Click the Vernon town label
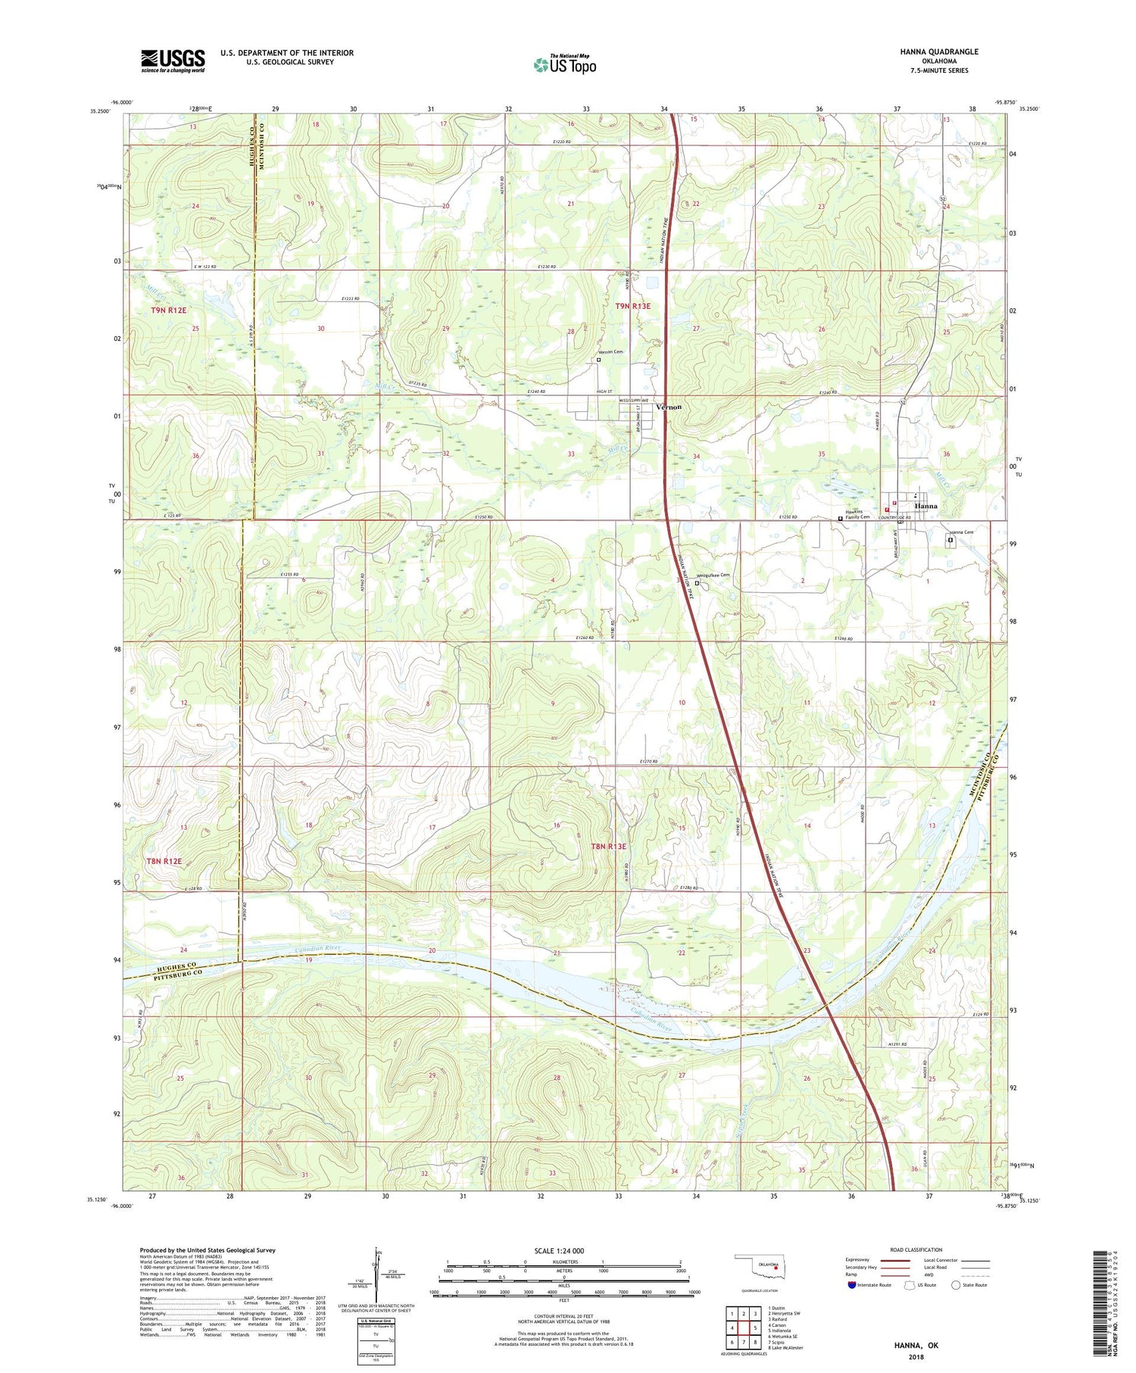click(x=669, y=407)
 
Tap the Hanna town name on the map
click(x=925, y=506)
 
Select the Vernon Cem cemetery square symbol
click(x=598, y=360)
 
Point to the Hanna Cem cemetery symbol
click(x=950, y=541)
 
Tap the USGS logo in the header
click(x=173, y=61)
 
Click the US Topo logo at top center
click(x=564, y=65)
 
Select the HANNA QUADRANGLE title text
click(x=939, y=51)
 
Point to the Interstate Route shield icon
click(x=852, y=1285)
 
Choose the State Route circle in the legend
click(x=957, y=1285)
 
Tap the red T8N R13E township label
click(x=608, y=847)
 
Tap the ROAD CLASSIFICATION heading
click(x=916, y=1250)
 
